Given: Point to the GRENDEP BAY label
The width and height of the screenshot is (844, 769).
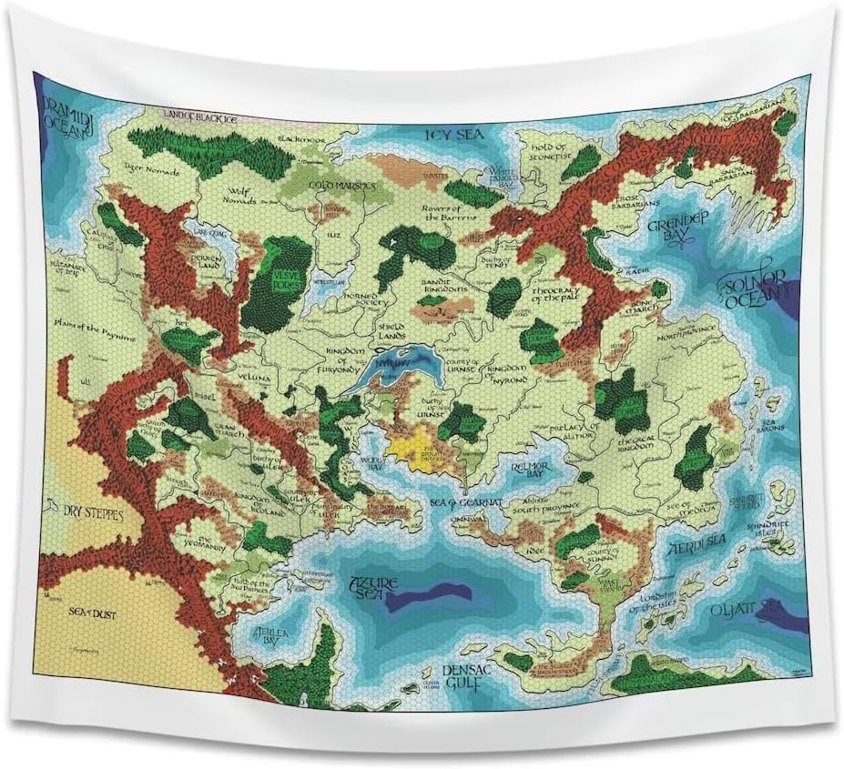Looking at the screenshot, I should [x=671, y=228].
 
